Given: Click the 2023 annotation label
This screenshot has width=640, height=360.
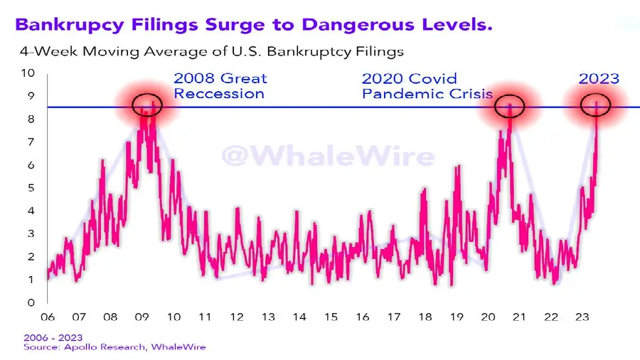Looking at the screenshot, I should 599,79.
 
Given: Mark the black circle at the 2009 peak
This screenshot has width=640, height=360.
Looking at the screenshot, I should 147,105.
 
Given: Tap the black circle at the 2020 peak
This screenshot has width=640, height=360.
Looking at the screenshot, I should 510,106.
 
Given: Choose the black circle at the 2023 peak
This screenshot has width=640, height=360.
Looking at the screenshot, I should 596,105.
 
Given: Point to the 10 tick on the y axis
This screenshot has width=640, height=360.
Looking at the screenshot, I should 28,73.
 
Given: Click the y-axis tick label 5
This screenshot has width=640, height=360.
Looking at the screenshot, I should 31,188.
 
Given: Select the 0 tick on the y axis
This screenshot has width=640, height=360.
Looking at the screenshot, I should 31,302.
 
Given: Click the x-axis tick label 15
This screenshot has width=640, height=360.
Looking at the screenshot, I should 331,317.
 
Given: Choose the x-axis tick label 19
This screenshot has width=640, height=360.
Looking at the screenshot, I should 457,317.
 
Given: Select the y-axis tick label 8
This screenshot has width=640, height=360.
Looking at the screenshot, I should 31,120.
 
